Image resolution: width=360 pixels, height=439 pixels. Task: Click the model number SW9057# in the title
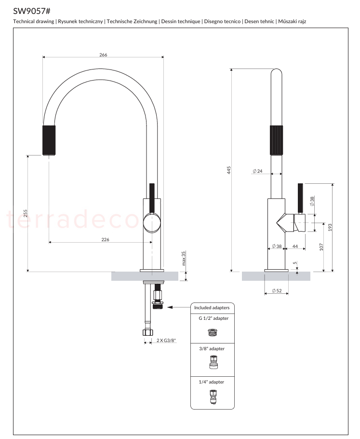tap(32, 11)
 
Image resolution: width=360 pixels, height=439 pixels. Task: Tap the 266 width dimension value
tap(103, 55)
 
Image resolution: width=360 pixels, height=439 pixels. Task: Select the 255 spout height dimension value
tap(26, 213)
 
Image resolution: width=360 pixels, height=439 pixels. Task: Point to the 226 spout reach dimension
tap(105, 239)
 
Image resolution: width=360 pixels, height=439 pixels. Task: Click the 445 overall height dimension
tap(229, 170)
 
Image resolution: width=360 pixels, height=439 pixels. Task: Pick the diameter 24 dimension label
tap(258, 171)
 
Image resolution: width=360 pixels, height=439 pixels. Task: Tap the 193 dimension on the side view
tap(330, 227)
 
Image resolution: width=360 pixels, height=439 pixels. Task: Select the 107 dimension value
tap(321, 247)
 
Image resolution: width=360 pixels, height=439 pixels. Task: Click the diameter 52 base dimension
tap(277, 290)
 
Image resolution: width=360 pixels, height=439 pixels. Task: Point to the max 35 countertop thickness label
tap(184, 258)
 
